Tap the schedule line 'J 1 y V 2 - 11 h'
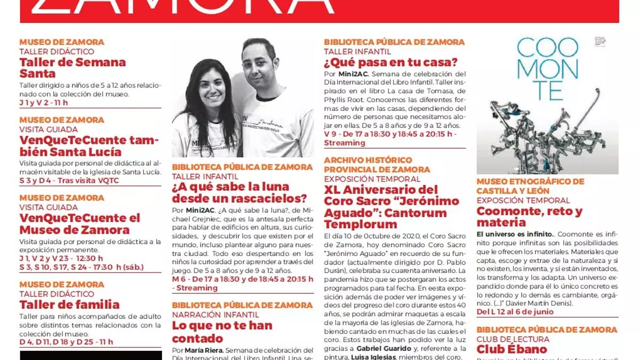(44, 102)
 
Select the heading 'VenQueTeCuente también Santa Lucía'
(79, 146)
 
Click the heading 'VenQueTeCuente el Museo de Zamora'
(79, 224)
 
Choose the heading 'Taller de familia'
(69, 305)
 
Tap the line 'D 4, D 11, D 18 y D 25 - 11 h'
(66, 342)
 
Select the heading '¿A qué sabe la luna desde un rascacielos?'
(239, 193)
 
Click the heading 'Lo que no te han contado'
(222, 332)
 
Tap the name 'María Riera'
(204, 350)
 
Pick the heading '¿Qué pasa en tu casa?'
(391, 62)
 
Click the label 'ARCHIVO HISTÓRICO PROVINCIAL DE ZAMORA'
(377, 165)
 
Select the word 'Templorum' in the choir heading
(361, 225)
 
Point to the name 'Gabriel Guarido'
(381, 348)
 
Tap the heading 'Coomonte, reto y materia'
(529, 217)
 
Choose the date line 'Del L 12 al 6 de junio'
(515, 312)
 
